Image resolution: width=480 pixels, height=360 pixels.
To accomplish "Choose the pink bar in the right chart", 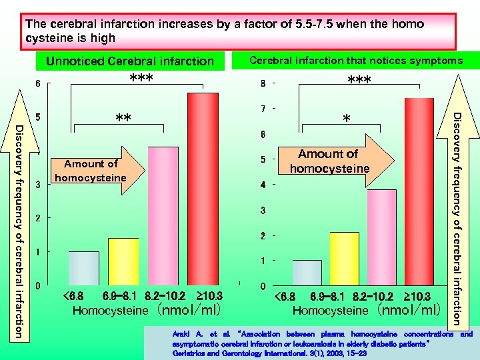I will pyautogui.click(x=381, y=237).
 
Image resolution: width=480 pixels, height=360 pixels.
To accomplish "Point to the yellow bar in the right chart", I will pyautogui.click(x=344, y=259).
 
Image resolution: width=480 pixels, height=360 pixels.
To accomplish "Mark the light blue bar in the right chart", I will pyautogui.click(x=307, y=273).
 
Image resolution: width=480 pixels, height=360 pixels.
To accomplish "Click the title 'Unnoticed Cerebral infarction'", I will pyautogui.click(x=129, y=61).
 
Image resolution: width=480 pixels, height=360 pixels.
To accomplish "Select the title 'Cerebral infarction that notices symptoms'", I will pyautogui.click(x=355, y=61).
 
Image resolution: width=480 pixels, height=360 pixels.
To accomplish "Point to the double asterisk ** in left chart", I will pyautogui.click(x=123, y=119).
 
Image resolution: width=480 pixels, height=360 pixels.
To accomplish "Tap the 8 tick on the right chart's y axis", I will pyautogui.click(x=264, y=84).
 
